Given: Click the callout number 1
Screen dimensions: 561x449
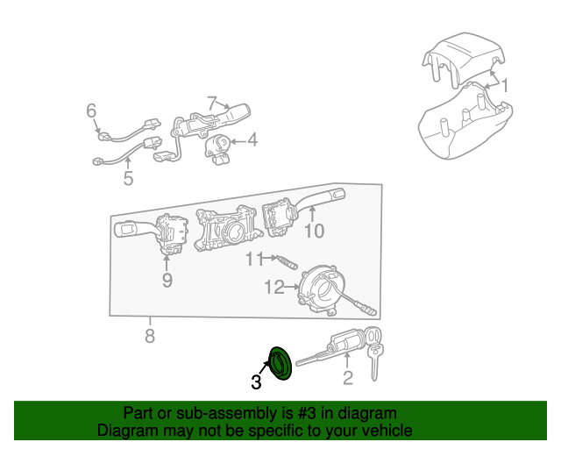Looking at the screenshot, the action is click(x=505, y=86).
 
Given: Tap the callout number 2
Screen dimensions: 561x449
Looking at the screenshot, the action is click(x=348, y=378).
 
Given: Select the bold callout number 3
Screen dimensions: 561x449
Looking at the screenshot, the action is click(x=256, y=382).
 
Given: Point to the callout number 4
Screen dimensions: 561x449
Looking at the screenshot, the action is click(x=252, y=139).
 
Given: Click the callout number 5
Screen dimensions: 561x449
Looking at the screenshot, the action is click(x=128, y=178).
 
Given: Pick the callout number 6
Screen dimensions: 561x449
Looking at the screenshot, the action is click(x=91, y=110).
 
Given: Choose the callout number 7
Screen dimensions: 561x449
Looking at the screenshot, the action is click(x=212, y=103).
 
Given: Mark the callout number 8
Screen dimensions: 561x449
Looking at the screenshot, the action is click(x=150, y=336).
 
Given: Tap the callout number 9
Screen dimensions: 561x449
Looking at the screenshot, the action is click(x=167, y=281).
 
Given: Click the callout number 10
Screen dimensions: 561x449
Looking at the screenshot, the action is click(x=314, y=231).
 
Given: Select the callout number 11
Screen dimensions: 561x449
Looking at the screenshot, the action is click(x=254, y=259).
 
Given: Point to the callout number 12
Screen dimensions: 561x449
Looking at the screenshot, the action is click(x=274, y=287).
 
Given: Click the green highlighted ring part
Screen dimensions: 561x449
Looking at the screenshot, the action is click(x=280, y=363).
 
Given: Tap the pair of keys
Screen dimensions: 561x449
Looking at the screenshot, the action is click(x=374, y=353).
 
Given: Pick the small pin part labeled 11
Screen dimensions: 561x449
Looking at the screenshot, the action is click(x=287, y=261).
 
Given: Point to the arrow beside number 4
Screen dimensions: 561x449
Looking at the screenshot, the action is click(x=238, y=142).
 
